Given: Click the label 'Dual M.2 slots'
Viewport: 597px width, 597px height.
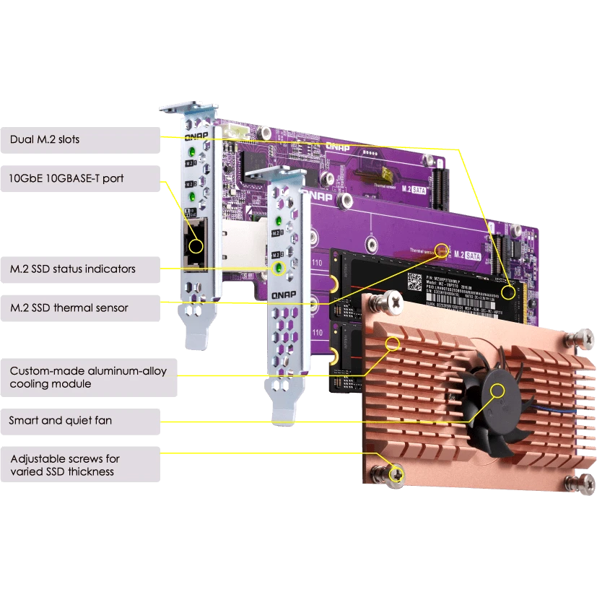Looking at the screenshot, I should point(45,139).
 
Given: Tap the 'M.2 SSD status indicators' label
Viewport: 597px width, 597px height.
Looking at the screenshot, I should point(72,269).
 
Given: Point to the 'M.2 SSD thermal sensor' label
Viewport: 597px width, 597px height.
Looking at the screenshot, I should point(69,308).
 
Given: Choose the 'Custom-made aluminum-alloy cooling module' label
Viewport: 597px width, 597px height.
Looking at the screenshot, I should point(87,378).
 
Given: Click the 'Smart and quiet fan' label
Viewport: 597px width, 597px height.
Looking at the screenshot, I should point(61,419).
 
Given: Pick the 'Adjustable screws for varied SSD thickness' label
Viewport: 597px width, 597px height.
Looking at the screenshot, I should point(64,465).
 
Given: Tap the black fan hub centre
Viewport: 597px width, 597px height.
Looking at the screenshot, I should point(497,391).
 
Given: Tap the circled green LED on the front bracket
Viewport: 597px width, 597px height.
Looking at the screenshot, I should point(276,269).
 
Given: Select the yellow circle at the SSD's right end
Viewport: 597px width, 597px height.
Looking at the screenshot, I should point(510,292).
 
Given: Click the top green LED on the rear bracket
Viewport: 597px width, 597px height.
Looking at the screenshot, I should point(191,153).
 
